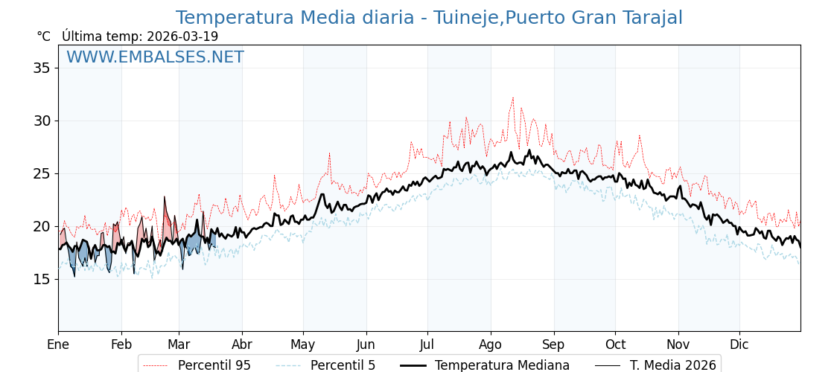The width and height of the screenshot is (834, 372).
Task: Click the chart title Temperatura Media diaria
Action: point(429,18)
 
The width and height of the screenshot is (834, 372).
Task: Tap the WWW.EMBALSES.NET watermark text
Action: point(155,57)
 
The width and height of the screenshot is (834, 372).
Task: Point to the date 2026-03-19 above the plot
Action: point(182,36)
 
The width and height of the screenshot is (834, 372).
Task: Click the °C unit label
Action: point(43,36)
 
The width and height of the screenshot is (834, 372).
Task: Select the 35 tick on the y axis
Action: point(42,68)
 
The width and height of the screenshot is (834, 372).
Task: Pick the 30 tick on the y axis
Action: point(42,121)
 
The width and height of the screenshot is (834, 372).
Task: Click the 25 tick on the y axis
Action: point(42,173)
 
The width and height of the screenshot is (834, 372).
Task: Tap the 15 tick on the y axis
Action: point(42,279)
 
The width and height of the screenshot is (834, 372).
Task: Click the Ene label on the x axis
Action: point(58,344)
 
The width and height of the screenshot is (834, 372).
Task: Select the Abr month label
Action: point(242,344)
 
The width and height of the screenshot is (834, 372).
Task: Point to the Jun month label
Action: point(366,344)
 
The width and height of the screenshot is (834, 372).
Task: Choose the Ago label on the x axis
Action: point(491,344)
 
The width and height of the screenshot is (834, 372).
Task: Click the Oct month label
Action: point(615,344)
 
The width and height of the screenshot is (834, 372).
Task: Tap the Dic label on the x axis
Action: point(739,344)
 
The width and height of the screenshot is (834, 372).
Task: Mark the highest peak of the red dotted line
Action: point(512,97)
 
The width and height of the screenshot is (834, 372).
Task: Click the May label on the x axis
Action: point(303,344)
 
